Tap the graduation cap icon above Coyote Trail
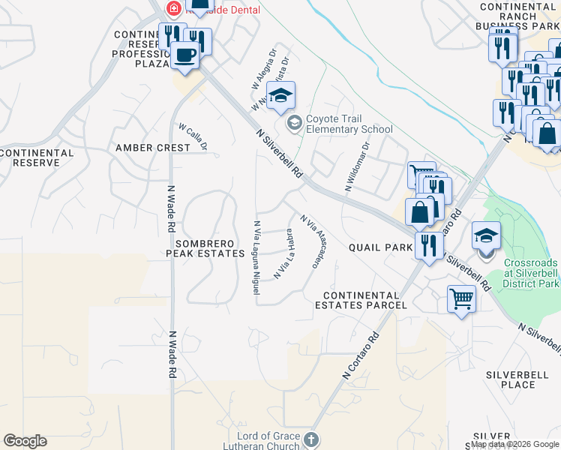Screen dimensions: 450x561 (x=281, y=96)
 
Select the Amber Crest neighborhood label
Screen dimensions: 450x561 (x=153, y=148)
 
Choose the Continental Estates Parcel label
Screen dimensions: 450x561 (x=361, y=300)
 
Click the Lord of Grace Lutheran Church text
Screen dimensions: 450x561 (x=269, y=442)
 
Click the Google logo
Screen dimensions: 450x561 (x=25, y=441)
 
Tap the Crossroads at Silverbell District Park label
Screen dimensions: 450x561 (x=531, y=274)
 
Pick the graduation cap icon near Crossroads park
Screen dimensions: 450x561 (x=486, y=236)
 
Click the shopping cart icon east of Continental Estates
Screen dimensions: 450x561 (x=462, y=300)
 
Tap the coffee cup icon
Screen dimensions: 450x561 (x=185, y=54)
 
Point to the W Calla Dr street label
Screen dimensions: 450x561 (x=193, y=136)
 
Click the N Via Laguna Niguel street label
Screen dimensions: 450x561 (x=256, y=252)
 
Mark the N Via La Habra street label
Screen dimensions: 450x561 (x=282, y=256)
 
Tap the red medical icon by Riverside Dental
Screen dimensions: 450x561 (x=174, y=9)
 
